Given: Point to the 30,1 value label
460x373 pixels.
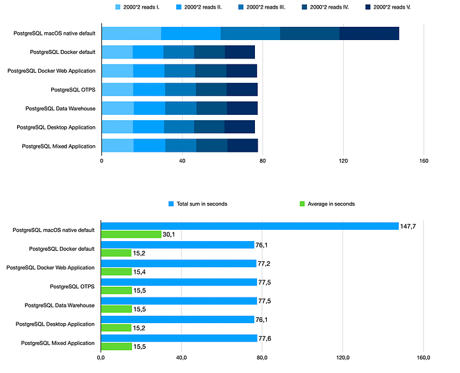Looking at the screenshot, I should (170, 234).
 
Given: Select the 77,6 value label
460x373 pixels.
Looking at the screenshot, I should (266, 338).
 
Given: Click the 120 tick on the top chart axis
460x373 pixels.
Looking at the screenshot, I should (343, 160).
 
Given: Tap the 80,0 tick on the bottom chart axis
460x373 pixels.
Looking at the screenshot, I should (262, 358).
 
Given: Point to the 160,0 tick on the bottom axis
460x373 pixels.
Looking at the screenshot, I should (423, 358).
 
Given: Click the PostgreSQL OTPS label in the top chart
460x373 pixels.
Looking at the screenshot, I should (72, 89).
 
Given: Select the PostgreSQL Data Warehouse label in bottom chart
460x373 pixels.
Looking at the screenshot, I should (59, 305).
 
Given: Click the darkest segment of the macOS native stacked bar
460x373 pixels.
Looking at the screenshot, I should (369, 33).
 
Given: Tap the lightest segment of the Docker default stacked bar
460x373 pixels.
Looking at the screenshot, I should (117, 53).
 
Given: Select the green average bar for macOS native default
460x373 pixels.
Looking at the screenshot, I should (131, 234).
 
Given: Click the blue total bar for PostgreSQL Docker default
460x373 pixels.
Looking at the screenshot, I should (177, 245).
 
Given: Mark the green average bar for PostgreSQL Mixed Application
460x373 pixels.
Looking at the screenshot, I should (116, 347).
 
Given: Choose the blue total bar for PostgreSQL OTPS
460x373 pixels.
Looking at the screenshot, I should (179, 282).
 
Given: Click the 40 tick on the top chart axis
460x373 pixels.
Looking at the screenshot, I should (182, 160).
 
